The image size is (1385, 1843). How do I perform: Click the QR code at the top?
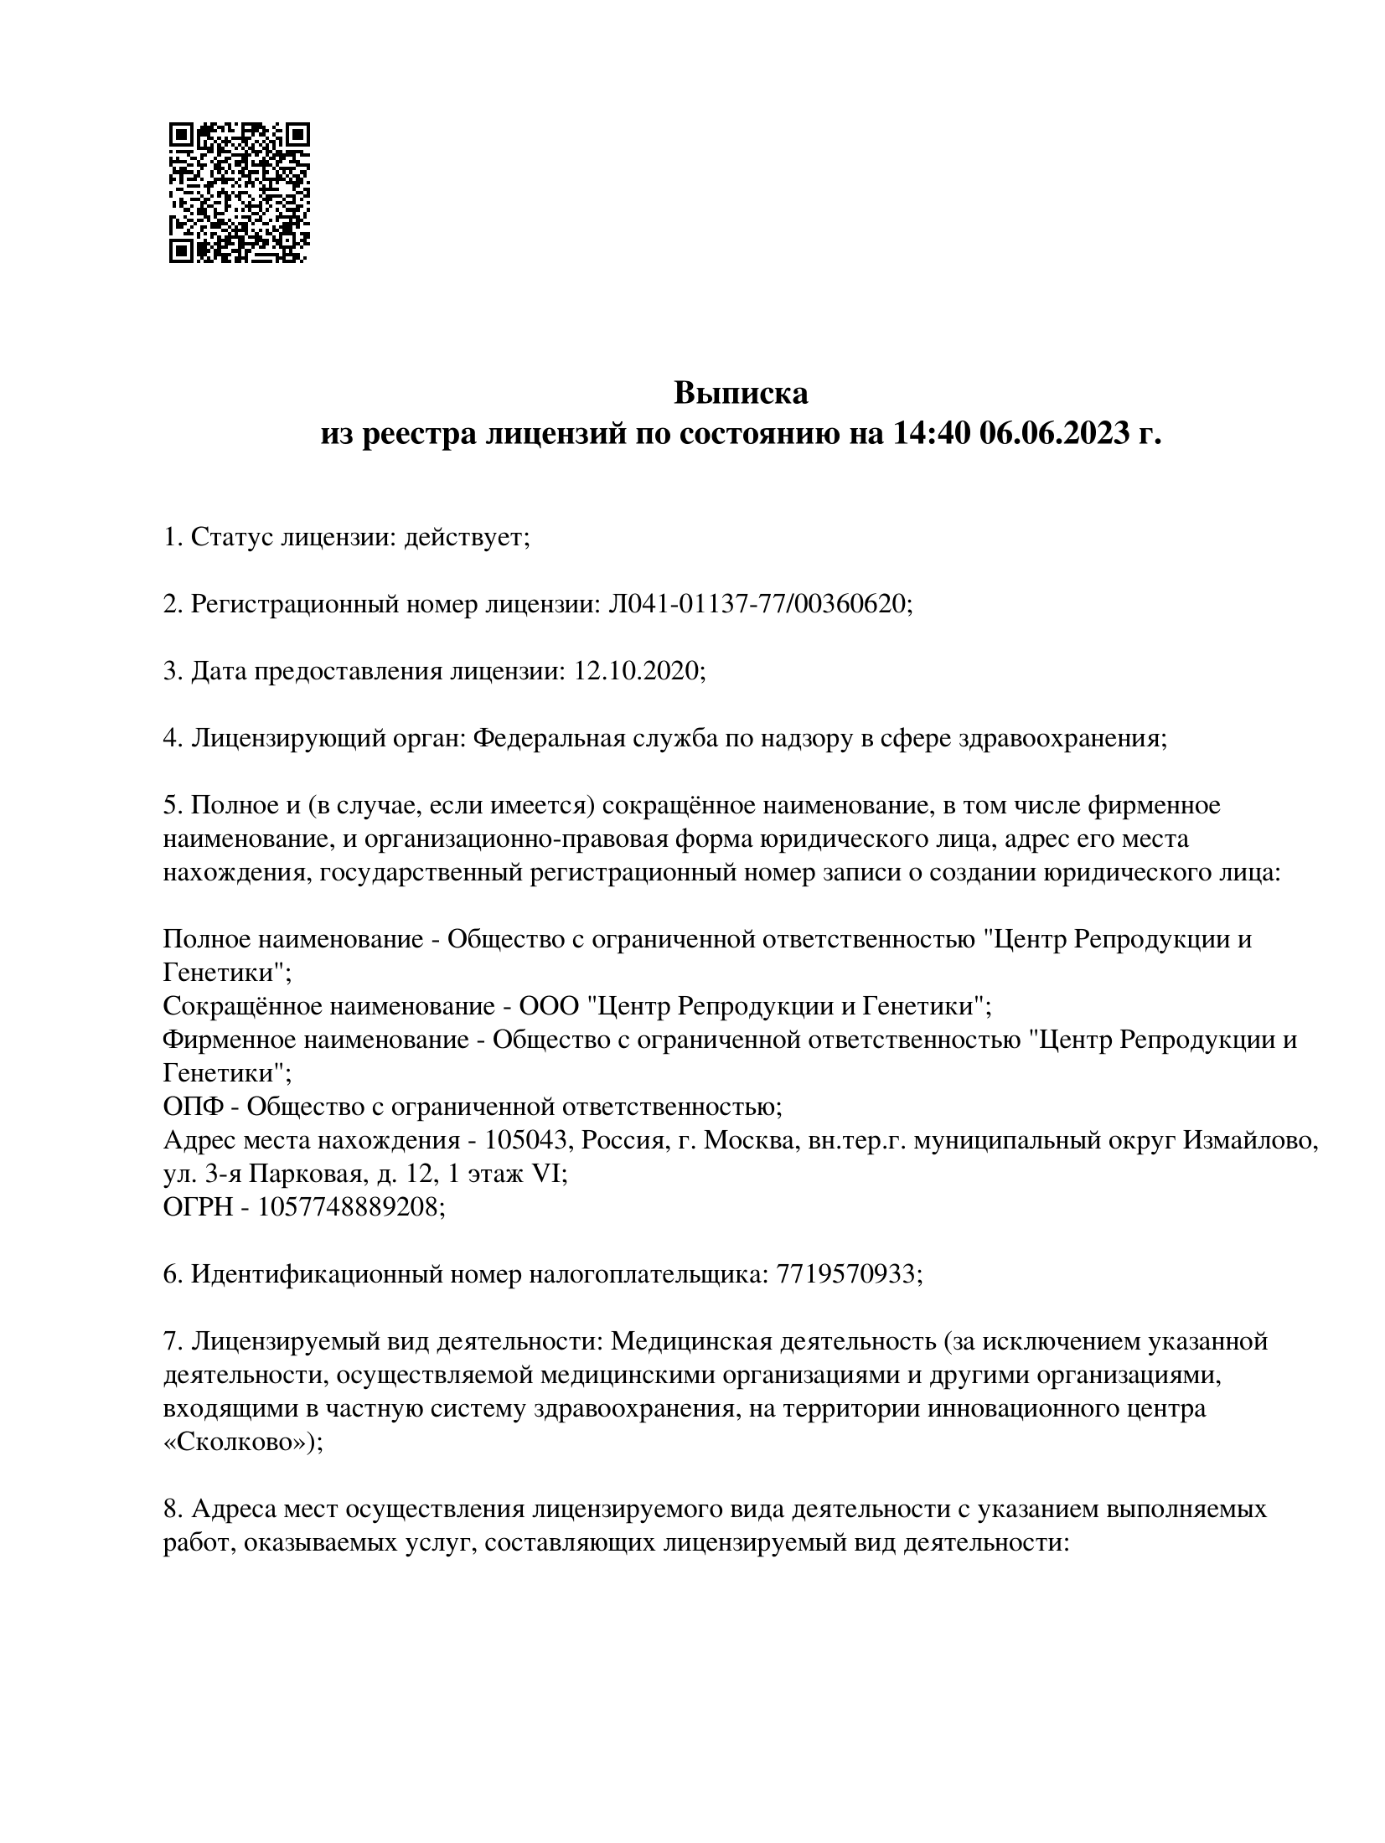pyautogui.click(x=239, y=194)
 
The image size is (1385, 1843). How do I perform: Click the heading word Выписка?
pyautogui.click(x=741, y=393)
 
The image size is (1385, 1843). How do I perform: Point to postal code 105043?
pyautogui.click(x=530, y=1140)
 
